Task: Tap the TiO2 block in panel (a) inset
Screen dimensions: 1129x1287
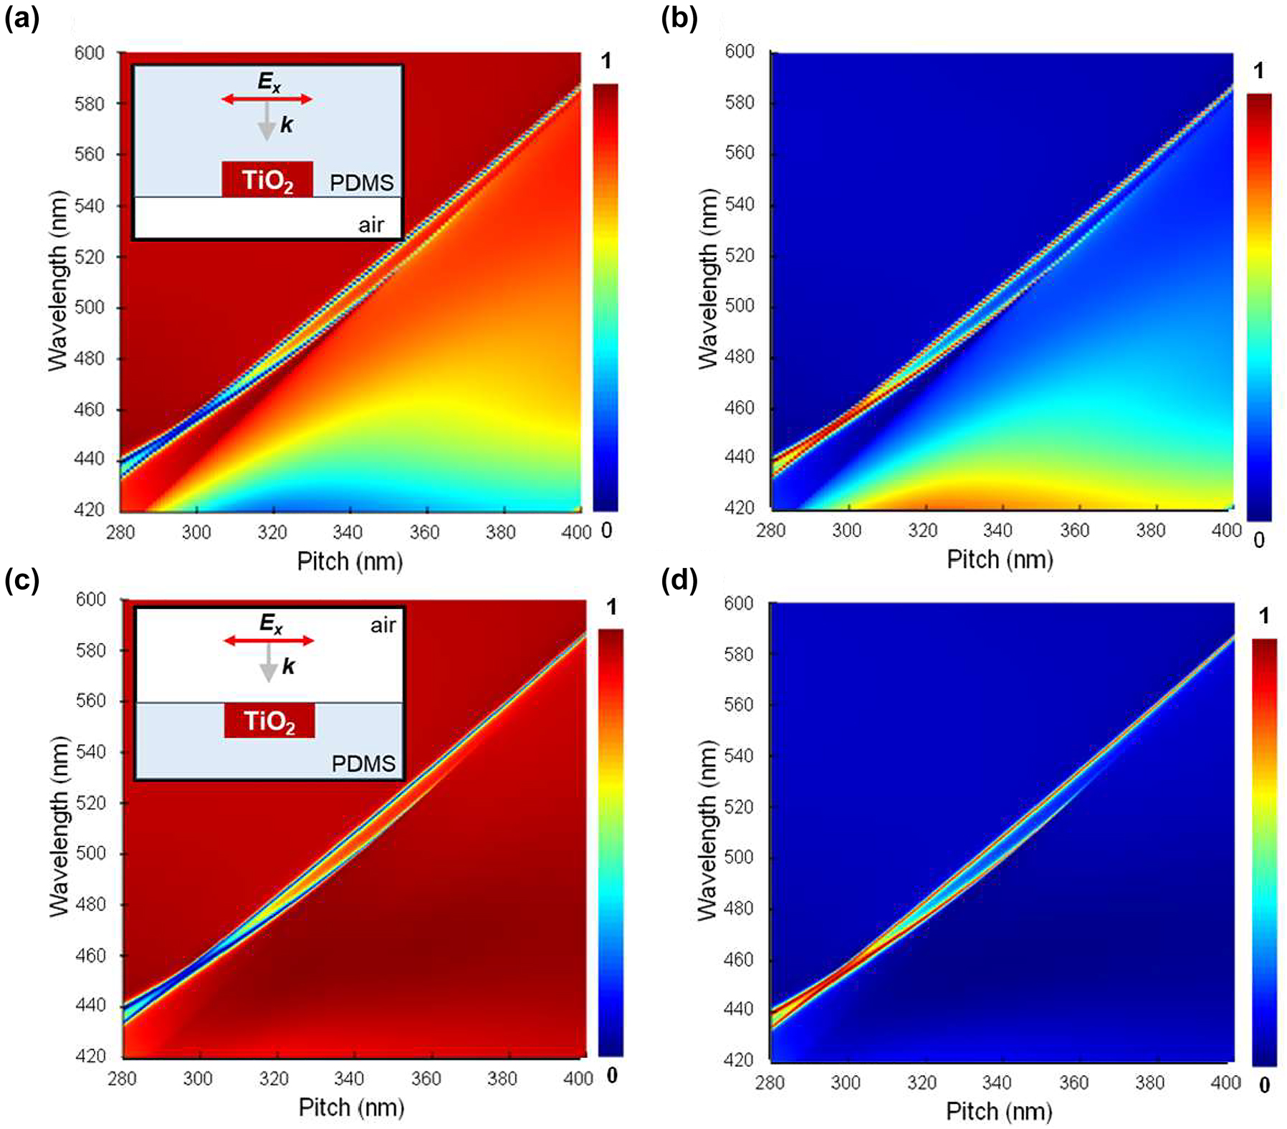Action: tap(267, 179)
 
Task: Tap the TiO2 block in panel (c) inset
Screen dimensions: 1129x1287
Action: tap(269, 720)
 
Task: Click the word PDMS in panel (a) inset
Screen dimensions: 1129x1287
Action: tap(361, 183)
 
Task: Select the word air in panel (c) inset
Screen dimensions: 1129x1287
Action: tap(383, 625)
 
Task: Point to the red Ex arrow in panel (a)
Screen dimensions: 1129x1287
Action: tap(267, 99)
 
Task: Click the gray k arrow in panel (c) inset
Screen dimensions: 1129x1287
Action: tap(269, 663)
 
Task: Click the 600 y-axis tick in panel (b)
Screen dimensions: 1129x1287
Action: tap(740, 52)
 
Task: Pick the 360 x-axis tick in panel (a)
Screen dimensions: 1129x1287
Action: tap(424, 532)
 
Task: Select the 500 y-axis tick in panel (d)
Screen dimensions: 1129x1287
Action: tap(738, 857)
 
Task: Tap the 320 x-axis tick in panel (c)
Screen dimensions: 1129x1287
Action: tap(274, 1079)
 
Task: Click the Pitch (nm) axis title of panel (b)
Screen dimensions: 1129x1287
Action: tap(1000, 559)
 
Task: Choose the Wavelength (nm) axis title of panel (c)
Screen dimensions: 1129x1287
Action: tap(59, 826)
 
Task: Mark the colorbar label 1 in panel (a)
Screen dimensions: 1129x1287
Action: tap(606, 62)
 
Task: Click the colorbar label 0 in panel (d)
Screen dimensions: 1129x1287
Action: tap(1264, 1085)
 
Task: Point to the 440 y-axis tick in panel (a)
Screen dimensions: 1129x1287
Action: tap(90, 458)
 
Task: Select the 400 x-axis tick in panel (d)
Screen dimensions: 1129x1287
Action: tap(1225, 1082)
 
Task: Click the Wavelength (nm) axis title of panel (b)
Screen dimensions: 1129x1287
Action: tap(708, 278)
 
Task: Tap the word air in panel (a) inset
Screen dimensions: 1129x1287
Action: tap(370, 225)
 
